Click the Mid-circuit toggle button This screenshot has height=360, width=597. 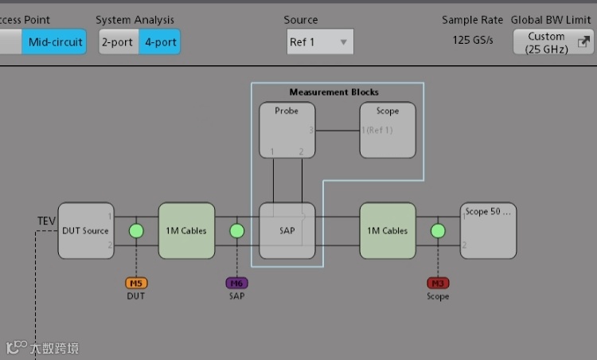coord(54,42)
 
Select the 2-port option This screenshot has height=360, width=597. coord(118,42)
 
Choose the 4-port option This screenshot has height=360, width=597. coord(160,42)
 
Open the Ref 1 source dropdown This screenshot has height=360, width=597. coord(320,42)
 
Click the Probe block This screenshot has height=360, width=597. coord(287,130)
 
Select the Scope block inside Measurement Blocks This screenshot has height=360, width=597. coord(388,130)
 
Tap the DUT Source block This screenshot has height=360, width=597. coord(85,231)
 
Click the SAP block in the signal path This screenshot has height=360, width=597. coord(287,231)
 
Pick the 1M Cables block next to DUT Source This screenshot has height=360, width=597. coord(186,231)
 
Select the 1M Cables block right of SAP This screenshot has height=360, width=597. coord(388,231)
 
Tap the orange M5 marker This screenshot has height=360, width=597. coord(136,283)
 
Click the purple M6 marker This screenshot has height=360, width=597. coord(236,283)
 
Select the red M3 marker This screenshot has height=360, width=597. coord(438,283)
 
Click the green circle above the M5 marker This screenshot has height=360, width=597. coord(136,231)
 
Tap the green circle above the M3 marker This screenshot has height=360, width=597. coord(438,231)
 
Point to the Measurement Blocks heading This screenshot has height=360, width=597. coord(334,92)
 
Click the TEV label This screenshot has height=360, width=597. coord(46,221)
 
